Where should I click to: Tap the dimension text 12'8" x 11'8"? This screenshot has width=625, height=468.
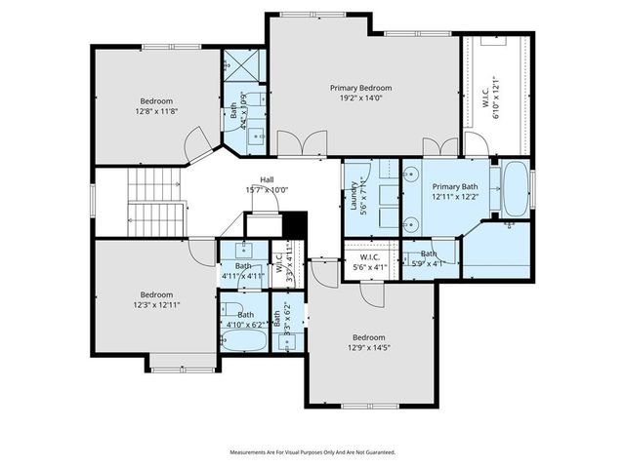tap(156, 112)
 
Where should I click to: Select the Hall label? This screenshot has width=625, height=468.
tap(267, 179)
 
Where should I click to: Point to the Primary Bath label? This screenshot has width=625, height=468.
tap(455, 186)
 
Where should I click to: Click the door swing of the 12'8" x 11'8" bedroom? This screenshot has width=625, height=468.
tap(200, 146)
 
